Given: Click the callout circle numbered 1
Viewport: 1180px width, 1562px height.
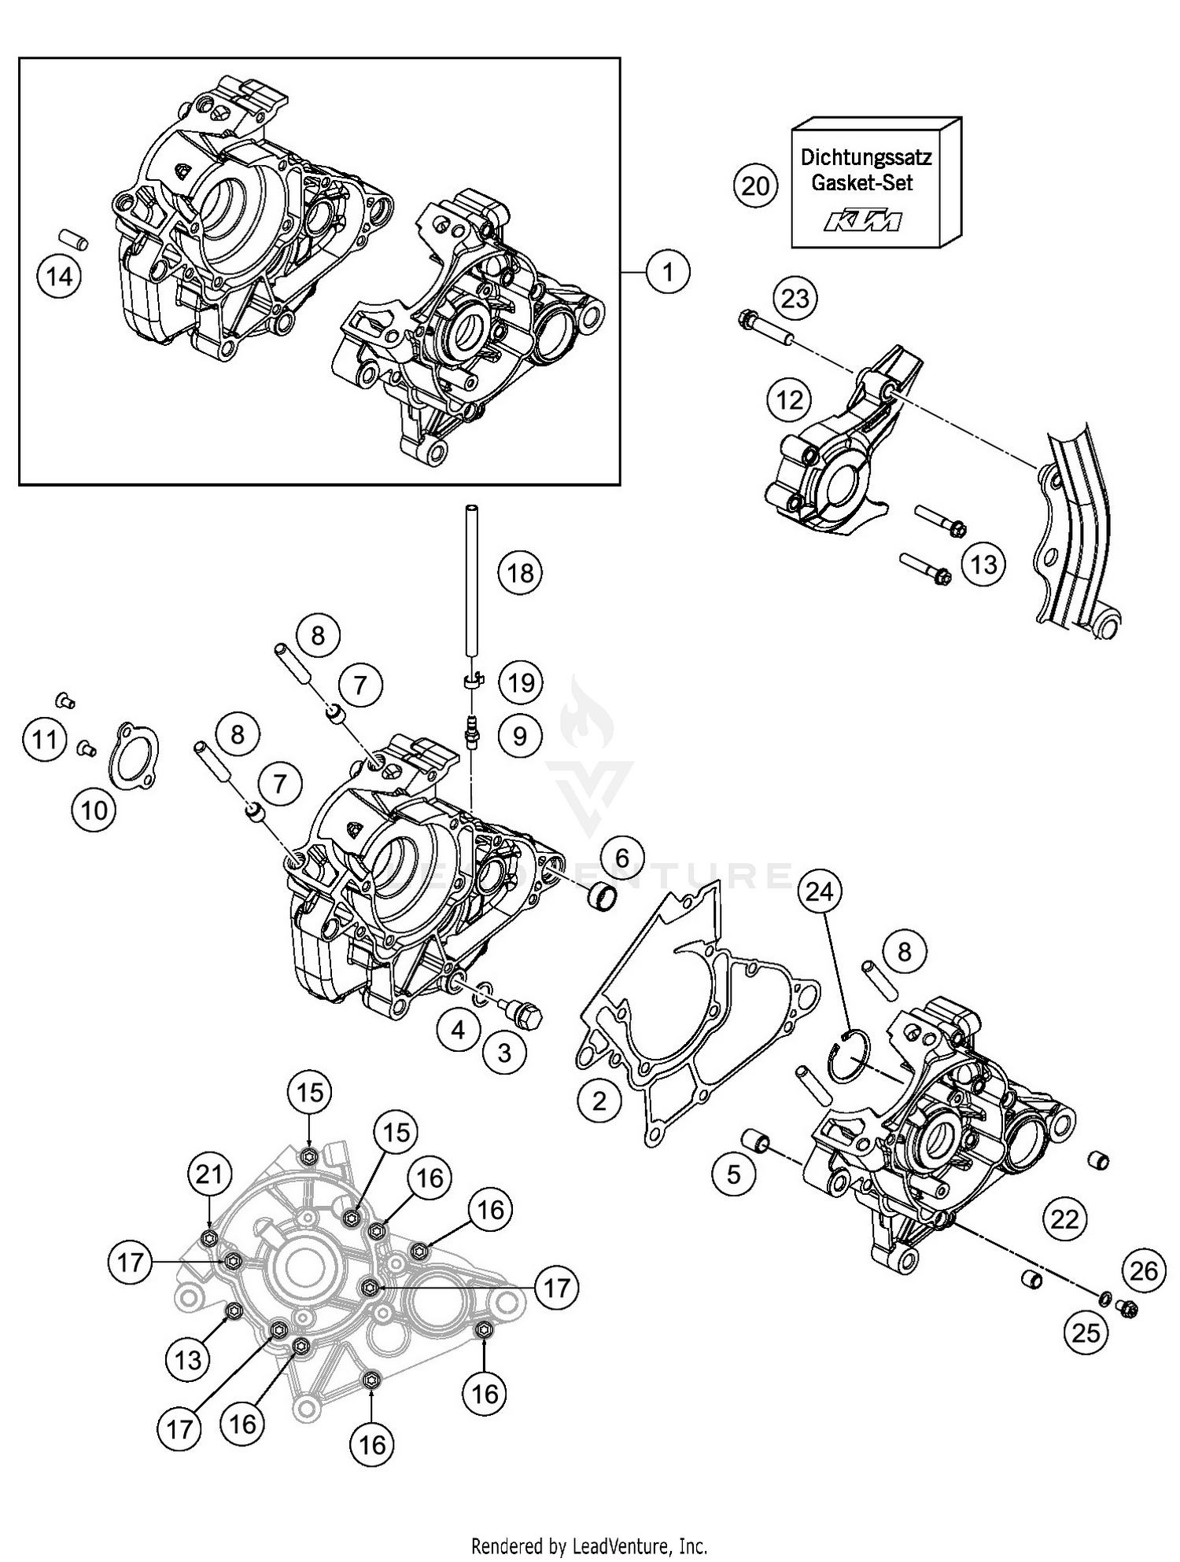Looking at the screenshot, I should (x=668, y=272).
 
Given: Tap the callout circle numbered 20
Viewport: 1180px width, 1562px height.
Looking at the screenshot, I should (x=755, y=186).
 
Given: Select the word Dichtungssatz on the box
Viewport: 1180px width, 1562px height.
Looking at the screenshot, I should (x=866, y=156).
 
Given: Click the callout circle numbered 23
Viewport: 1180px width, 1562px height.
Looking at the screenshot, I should (x=795, y=299).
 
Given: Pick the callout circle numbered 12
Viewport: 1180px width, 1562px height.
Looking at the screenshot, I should (x=790, y=400).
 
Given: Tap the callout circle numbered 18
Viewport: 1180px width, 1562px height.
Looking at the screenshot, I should (x=520, y=573).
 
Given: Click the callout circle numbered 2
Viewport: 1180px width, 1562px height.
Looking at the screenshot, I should (x=599, y=1101).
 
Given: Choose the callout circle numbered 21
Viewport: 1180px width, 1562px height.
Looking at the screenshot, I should (x=209, y=1175).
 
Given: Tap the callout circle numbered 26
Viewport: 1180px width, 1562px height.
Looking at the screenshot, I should (x=1144, y=1270).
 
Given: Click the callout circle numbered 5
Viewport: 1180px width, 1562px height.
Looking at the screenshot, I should (x=734, y=1174).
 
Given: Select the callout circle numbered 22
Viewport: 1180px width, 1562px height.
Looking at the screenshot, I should (x=1066, y=1219).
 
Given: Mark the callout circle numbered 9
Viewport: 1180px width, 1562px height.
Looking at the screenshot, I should (x=519, y=736).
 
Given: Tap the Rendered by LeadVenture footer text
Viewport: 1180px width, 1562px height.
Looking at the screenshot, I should (x=588, y=1545).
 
